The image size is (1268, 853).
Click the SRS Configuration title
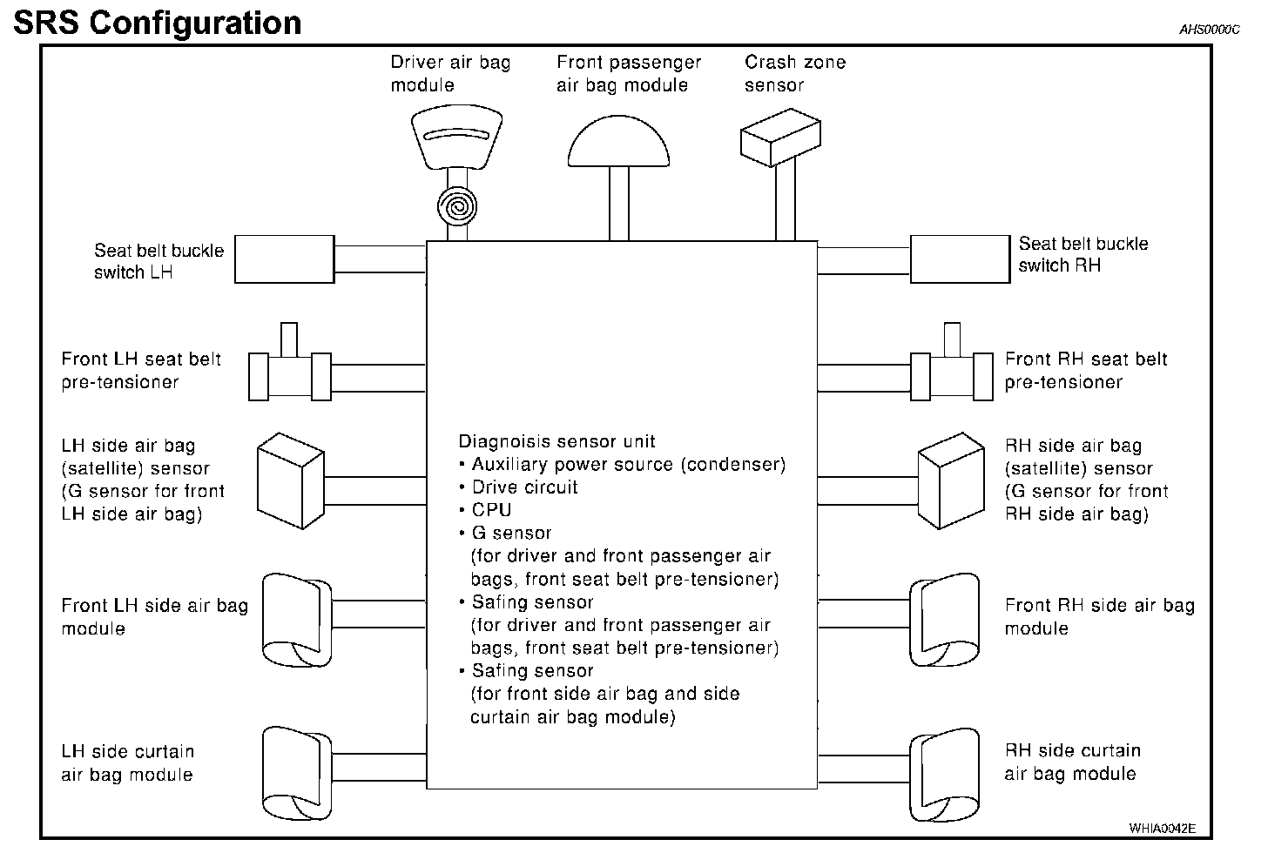[158, 24]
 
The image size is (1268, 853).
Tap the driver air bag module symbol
[457, 137]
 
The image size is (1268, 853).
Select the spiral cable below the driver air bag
[457, 206]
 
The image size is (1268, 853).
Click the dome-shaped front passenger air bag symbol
[618, 141]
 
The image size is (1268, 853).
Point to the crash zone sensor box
[780, 138]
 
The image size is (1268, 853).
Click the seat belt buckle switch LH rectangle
[285, 259]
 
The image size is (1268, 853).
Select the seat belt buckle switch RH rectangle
[960, 259]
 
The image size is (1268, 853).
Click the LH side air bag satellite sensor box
[291, 480]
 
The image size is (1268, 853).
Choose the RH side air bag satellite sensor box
[951, 480]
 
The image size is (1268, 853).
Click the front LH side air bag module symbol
[297, 620]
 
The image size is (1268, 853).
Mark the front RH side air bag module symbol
[945, 620]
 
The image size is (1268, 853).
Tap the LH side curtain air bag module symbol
[297, 773]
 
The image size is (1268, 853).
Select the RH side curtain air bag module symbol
[945, 775]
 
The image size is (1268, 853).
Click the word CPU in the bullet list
[491, 510]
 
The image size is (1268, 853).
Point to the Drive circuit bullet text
[525, 487]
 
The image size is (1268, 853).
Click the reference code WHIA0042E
[1162, 828]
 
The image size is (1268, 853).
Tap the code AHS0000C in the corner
[1209, 30]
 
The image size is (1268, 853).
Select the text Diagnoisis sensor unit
[556, 441]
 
